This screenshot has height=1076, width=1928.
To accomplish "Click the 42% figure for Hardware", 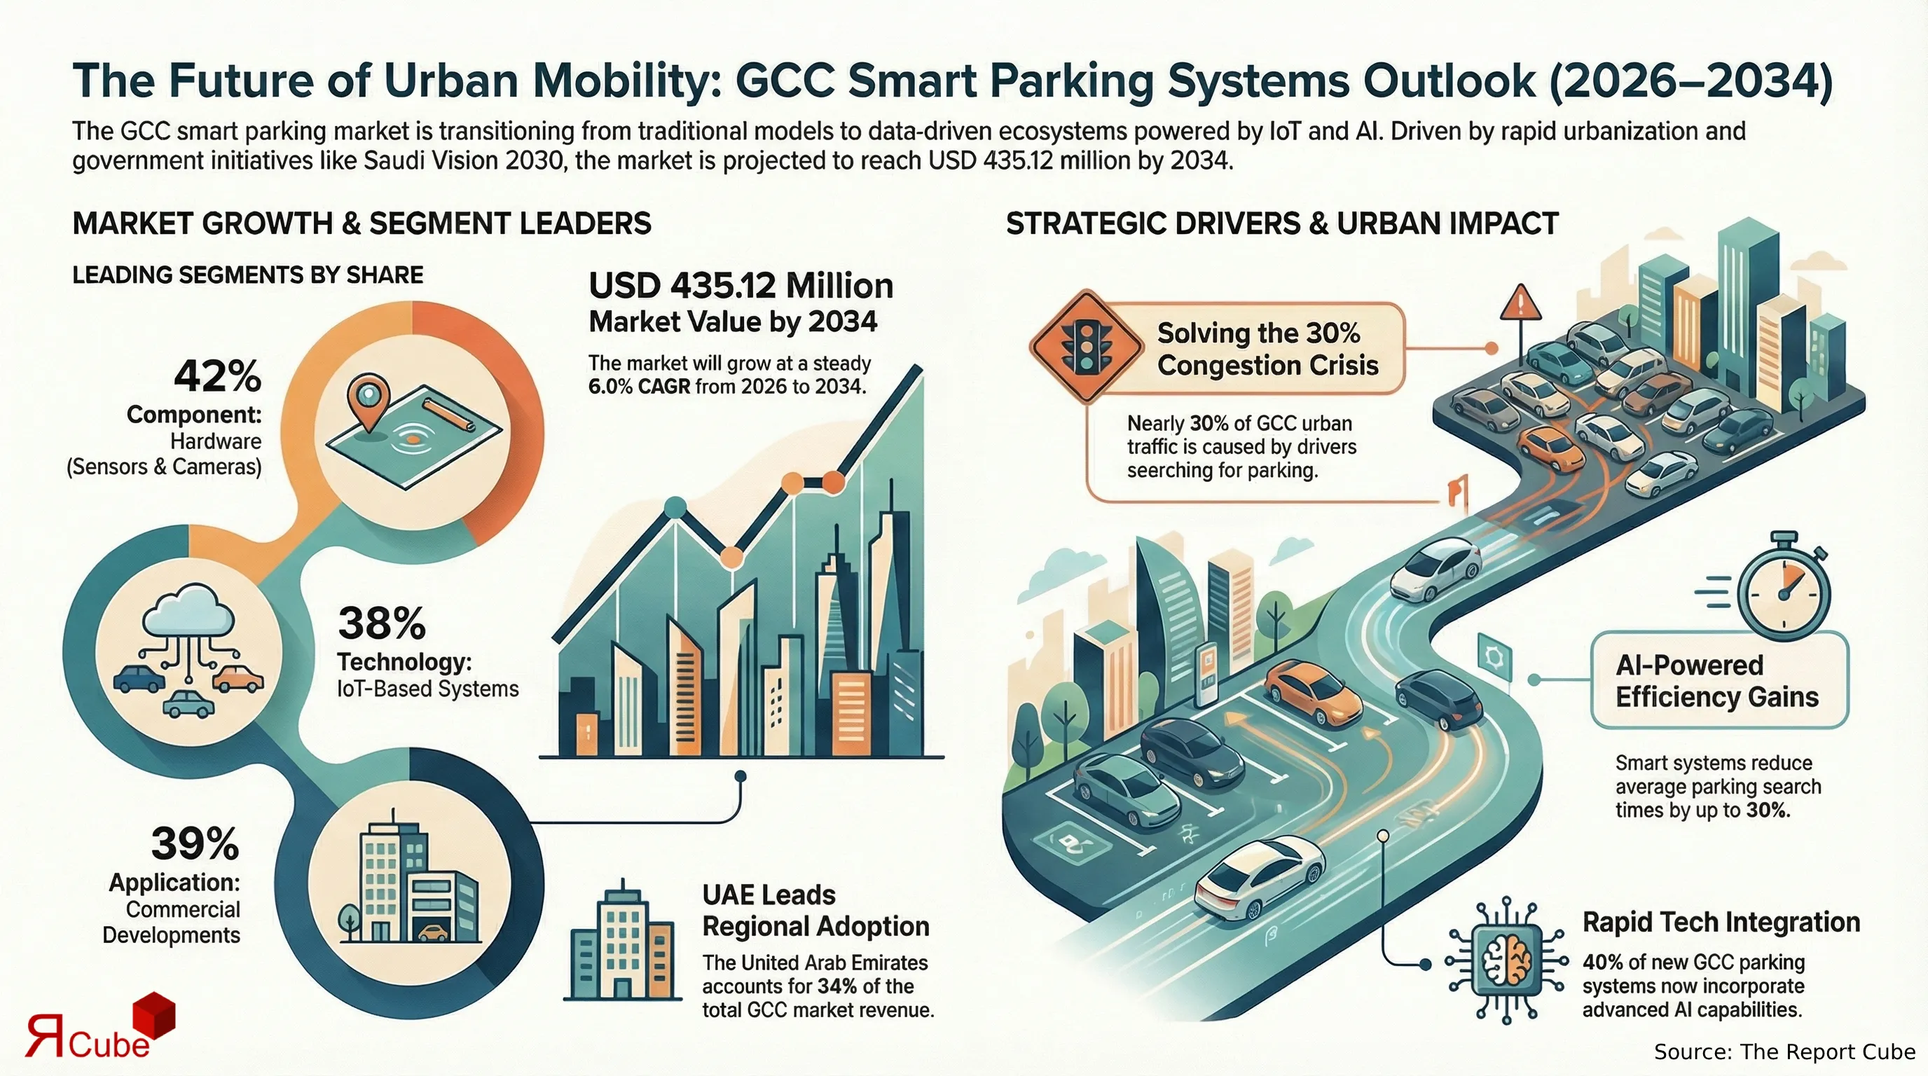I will click(217, 375).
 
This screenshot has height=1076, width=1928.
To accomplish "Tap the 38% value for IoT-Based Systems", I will click(381, 623).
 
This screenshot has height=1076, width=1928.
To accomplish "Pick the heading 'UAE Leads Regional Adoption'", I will click(815, 911).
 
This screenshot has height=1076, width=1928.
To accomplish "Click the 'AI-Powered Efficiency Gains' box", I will click(1718, 680).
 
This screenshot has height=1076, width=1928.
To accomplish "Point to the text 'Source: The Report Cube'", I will click(1784, 1051).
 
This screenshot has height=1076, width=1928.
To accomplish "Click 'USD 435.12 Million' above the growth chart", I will click(741, 286).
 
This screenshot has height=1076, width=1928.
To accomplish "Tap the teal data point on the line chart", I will click(675, 506).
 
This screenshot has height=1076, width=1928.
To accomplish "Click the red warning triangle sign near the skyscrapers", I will click(1521, 304).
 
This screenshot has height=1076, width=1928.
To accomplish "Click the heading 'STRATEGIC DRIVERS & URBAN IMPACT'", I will click(1281, 223).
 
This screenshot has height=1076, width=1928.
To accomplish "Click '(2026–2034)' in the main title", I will click(1691, 81).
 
